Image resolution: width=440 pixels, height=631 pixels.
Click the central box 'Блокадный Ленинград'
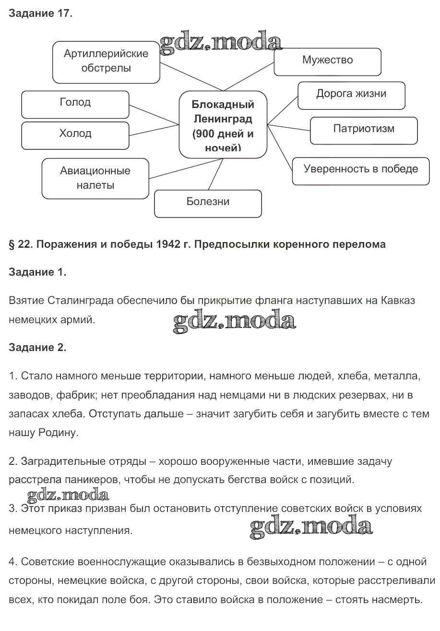(x=223, y=124)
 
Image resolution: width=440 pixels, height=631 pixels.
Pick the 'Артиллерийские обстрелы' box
(x=106, y=61)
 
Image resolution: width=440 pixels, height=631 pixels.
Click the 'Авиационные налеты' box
(x=95, y=178)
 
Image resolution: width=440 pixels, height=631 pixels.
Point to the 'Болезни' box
(x=208, y=203)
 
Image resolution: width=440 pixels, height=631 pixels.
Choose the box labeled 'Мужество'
(x=327, y=61)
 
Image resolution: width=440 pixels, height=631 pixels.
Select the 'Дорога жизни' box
(x=351, y=95)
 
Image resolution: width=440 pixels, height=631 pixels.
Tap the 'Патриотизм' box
(x=364, y=130)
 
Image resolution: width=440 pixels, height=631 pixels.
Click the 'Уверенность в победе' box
(x=361, y=170)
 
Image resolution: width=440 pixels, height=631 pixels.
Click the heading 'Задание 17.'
(x=41, y=13)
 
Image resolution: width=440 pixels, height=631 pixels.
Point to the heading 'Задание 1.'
(x=37, y=272)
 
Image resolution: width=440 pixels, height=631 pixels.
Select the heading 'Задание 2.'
(x=37, y=348)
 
